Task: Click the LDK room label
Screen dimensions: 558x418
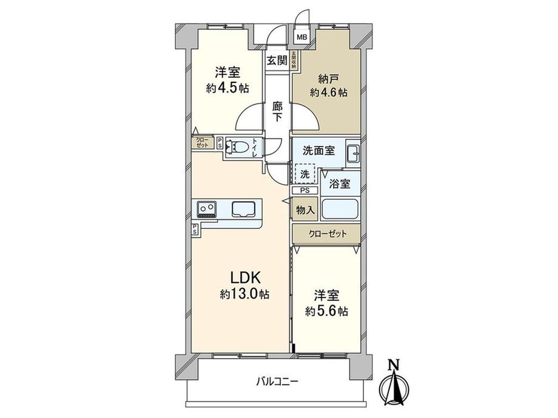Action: [x=246, y=278]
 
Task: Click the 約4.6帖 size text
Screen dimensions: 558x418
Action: [x=328, y=93]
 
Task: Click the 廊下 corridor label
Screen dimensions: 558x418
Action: [x=277, y=111]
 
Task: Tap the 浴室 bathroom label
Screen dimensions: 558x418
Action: [x=340, y=184]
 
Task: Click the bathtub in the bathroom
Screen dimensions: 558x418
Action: [x=340, y=210]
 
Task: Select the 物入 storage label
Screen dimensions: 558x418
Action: [x=304, y=210]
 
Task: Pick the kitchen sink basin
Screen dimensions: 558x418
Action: [x=245, y=209]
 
